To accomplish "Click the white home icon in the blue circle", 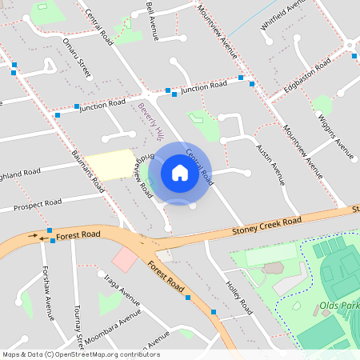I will (x=179, y=172).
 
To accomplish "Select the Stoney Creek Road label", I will (x=266, y=226).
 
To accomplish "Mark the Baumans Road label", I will (x=88, y=163).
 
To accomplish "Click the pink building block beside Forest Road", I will (x=125, y=259).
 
